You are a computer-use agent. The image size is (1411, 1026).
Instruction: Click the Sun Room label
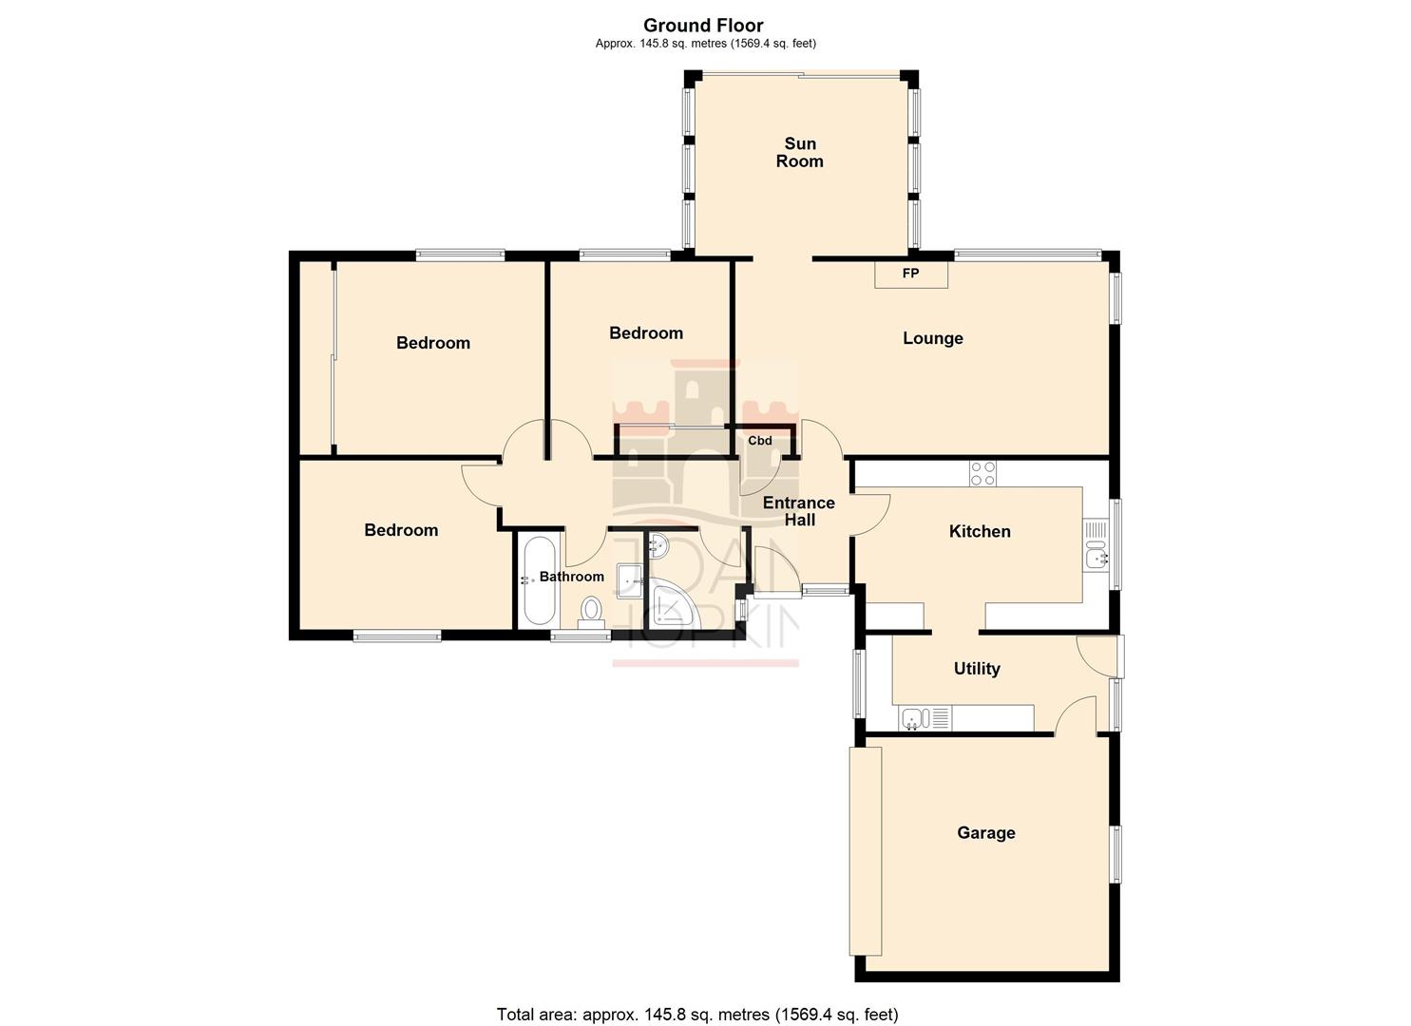click(799, 152)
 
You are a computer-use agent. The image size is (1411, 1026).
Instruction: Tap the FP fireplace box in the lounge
click(910, 274)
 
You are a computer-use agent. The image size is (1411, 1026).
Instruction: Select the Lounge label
click(932, 338)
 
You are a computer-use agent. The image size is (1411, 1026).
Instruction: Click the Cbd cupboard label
click(759, 441)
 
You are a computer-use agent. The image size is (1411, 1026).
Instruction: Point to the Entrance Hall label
click(798, 511)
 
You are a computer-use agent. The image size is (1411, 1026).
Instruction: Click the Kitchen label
click(980, 531)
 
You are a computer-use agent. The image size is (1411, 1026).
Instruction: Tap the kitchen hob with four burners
click(982, 473)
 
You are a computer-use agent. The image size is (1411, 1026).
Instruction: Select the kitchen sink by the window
click(1096, 556)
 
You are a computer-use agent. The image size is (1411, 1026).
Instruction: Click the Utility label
click(976, 669)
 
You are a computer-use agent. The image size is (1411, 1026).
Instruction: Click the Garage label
click(985, 833)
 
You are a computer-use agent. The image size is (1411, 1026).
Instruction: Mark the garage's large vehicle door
click(865, 850)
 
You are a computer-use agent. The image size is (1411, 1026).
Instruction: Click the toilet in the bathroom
click(592, 610)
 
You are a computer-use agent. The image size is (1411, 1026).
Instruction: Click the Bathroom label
click(571, 577)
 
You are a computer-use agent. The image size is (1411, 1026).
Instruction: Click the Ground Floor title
click(703, 26)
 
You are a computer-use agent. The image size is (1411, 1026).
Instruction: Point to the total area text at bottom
click(696, 1015)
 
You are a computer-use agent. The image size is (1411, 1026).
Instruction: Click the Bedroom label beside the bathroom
click(401, 530)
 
